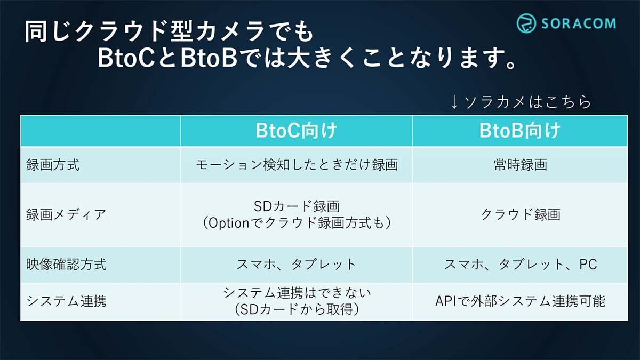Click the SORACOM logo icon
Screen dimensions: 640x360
pos(526,23)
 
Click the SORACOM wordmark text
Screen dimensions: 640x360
pos(579,23)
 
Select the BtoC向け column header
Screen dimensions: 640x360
pos(297,131)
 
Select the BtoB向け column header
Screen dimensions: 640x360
pos(519,131)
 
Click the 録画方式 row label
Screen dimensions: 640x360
pos(53,165)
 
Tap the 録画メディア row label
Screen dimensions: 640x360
pos(66,214)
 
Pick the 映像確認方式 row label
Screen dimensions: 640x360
pos(66,265)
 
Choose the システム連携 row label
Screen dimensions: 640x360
pos(66,301)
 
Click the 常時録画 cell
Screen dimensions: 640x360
pos(521,165)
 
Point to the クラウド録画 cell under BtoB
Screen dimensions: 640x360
pos(521,214)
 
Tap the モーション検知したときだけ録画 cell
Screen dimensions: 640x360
pos(297,165)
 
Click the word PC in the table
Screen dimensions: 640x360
pos(588,265)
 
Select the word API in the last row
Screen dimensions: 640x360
pos(446,301)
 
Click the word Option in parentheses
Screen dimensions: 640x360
pos(229,223)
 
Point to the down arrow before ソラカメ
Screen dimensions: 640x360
pos(454,102)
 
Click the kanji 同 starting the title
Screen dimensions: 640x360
pos(36,31)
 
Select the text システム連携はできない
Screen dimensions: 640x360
pos(297,293)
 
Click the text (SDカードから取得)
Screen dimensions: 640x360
pos(297,309)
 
